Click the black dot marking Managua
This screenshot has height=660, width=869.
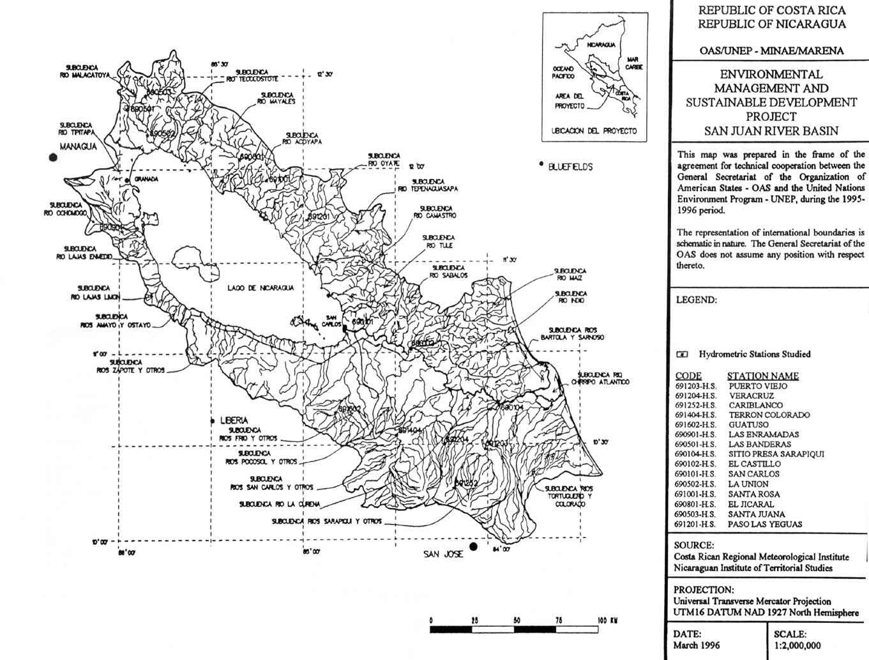coord(53,158)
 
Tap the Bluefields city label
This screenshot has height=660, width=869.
coord(570,167)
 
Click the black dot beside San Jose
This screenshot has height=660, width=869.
coord(473,547)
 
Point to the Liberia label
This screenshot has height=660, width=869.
coord(233,420)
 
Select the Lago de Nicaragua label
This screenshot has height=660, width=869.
coord(261,288)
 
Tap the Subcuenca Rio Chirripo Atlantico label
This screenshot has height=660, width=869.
coord(603,378)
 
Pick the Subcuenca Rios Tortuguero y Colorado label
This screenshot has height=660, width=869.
coord(569,496)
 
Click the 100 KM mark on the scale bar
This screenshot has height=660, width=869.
coord(606,620)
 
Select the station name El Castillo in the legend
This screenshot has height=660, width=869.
coord(754,464)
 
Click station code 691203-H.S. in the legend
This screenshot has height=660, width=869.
coord(695,386)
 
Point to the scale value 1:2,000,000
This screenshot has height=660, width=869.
coord(797,645)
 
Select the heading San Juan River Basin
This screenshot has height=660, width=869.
coord(771,131)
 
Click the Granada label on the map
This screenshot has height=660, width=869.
coord(146,180)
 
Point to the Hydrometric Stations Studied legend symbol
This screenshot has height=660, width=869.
coord(683,354)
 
